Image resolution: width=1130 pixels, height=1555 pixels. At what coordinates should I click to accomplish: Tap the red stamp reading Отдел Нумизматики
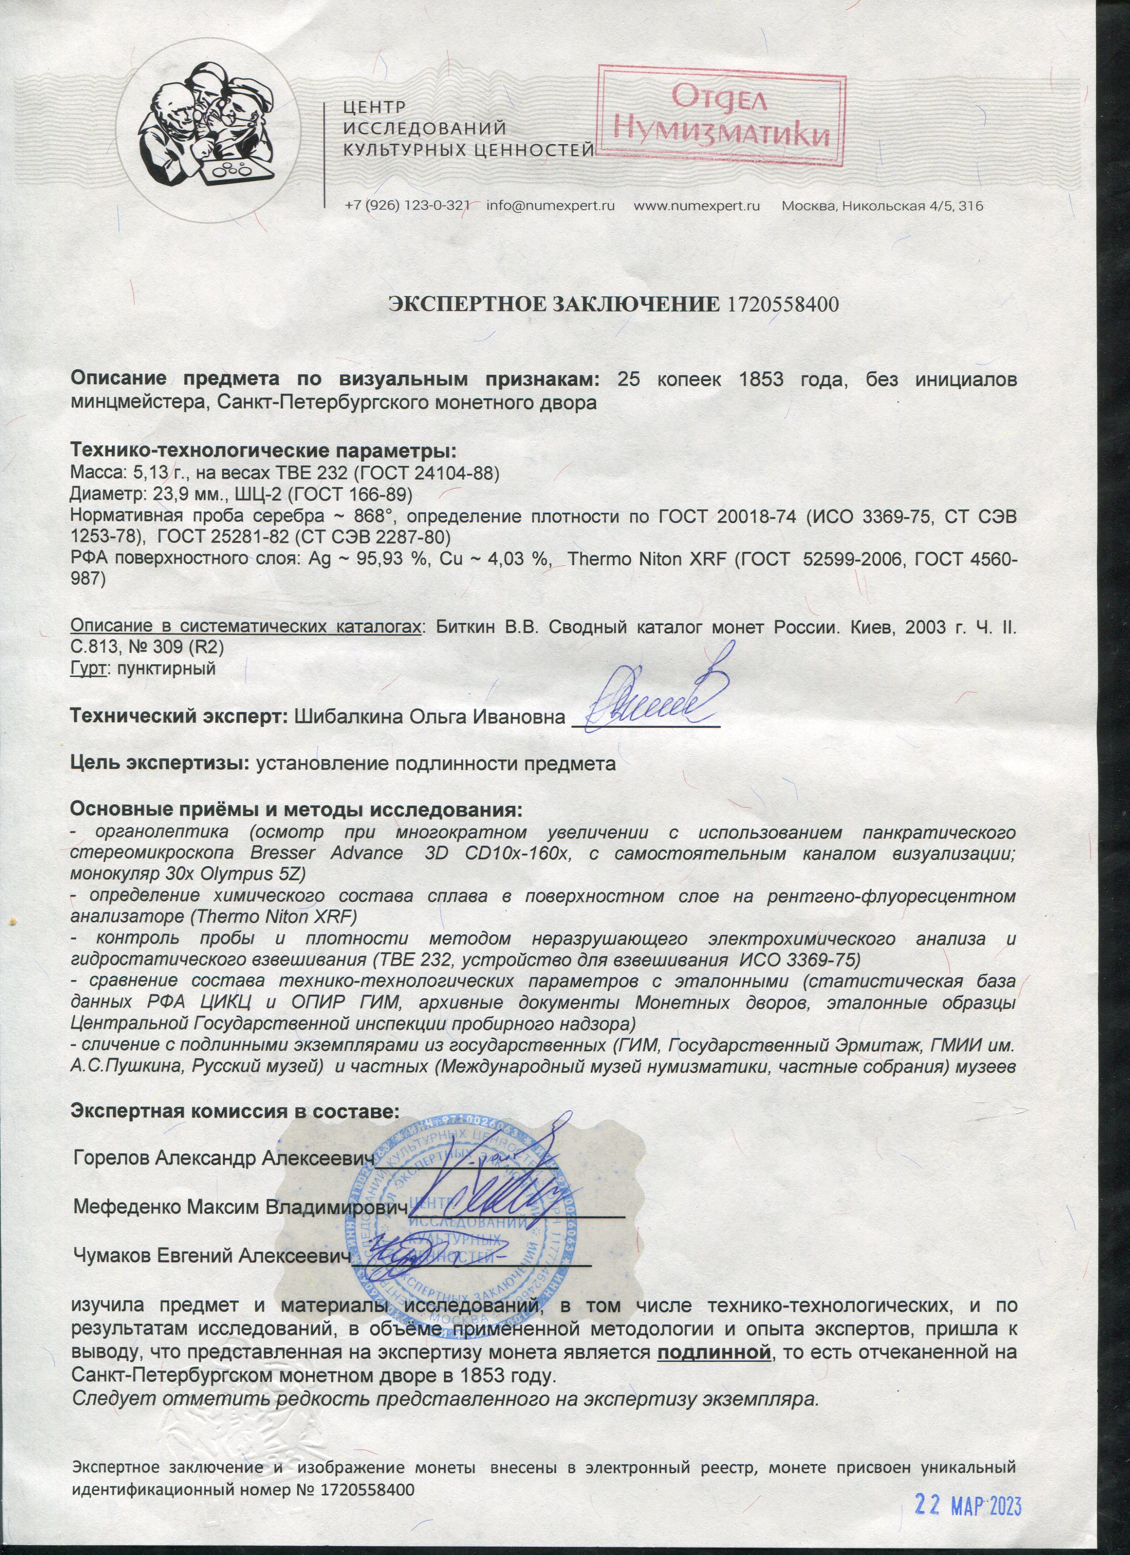pyautogui.click(x=720, y=117)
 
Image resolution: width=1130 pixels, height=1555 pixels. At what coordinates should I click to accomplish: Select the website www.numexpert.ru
pyautogui.click(x=697, y=206)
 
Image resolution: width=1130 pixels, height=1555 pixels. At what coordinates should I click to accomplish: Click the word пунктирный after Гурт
pyautogui.click(x=167, y=668)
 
